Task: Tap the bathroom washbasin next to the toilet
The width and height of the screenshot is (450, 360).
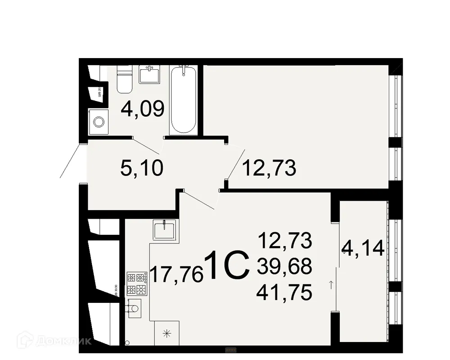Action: pyautogui.click(x=150, y=74)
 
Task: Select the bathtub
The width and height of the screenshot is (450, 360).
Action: pyautogui.click(x=183, y=100)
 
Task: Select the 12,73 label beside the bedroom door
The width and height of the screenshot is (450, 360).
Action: pyautogui.click(x=269, y=169)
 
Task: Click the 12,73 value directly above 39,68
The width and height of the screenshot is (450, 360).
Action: pyautogui.click(x=284, y=241)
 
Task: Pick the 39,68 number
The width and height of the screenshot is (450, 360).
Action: pyautogui.click(x=284, y=267)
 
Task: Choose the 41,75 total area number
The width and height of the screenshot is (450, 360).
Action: pyautogui.click(x=284, y=293)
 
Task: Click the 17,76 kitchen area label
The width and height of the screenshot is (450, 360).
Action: pyautogui.click(x=176, y=274)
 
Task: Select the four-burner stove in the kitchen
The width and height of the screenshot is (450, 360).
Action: pyautogui.click(x=137, y=283)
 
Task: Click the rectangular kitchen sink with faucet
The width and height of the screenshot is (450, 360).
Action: pyautogui.click(x=165, y=230)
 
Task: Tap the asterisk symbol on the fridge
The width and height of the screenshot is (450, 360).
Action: pyautogui.click(x=167, y=333)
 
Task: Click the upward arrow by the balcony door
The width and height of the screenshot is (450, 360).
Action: pyautogui.click(x=332, y=284)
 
